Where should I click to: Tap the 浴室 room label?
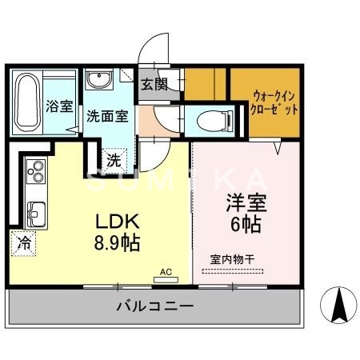pyautogui.click(x=59, y=105)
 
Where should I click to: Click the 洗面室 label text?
pyautogui.click(x=107, y=115)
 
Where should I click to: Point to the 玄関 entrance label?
pyautogui.click(x=154, y=83)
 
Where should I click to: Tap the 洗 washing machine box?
pyautogui.click(x=114, y=159)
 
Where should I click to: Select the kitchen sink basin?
pyautogui.click(x=36, y=212)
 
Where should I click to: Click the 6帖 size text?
pyautogui.click(x=244, y=225)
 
